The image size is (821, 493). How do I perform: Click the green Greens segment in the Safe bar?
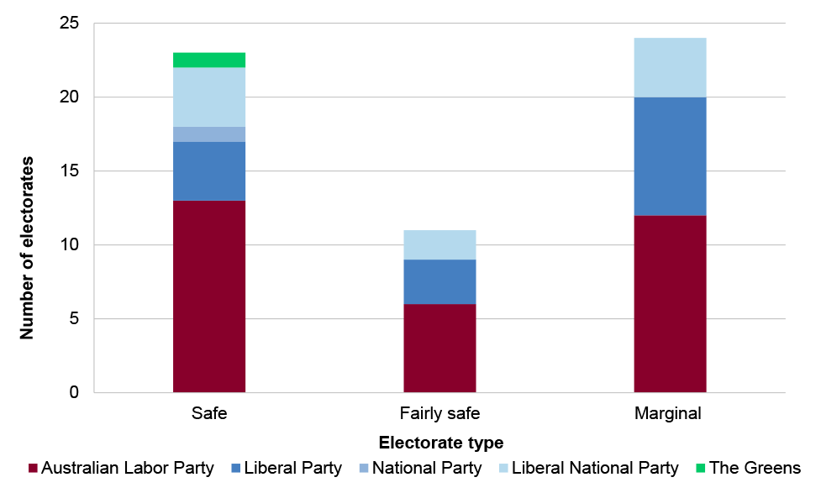click(209, 60)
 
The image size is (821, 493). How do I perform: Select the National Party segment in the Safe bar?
click(209, 134)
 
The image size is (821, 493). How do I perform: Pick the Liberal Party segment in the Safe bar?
click(209, 171)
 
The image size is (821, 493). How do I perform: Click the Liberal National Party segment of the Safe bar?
click(209, 97)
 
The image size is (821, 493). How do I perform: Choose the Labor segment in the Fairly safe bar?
click(439, 348)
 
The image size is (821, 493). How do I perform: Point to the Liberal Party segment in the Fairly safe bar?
click(439, 281)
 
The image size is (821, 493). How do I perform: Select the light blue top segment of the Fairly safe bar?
click(439, 244)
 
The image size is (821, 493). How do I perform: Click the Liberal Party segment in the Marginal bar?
click(670, 156)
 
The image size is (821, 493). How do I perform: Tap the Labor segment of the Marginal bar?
click(670, 303)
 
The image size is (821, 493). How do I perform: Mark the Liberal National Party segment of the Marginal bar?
click(670, 67)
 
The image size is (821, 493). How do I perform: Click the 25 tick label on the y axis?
click(70, 24)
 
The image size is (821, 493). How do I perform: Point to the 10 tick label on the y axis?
click(70, 245)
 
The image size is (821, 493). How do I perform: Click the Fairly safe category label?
click(439, 414)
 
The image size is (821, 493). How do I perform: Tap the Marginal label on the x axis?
click(669, 414)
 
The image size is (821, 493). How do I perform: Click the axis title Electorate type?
click(440, 442)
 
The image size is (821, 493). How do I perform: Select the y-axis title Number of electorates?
click(28, 247)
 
